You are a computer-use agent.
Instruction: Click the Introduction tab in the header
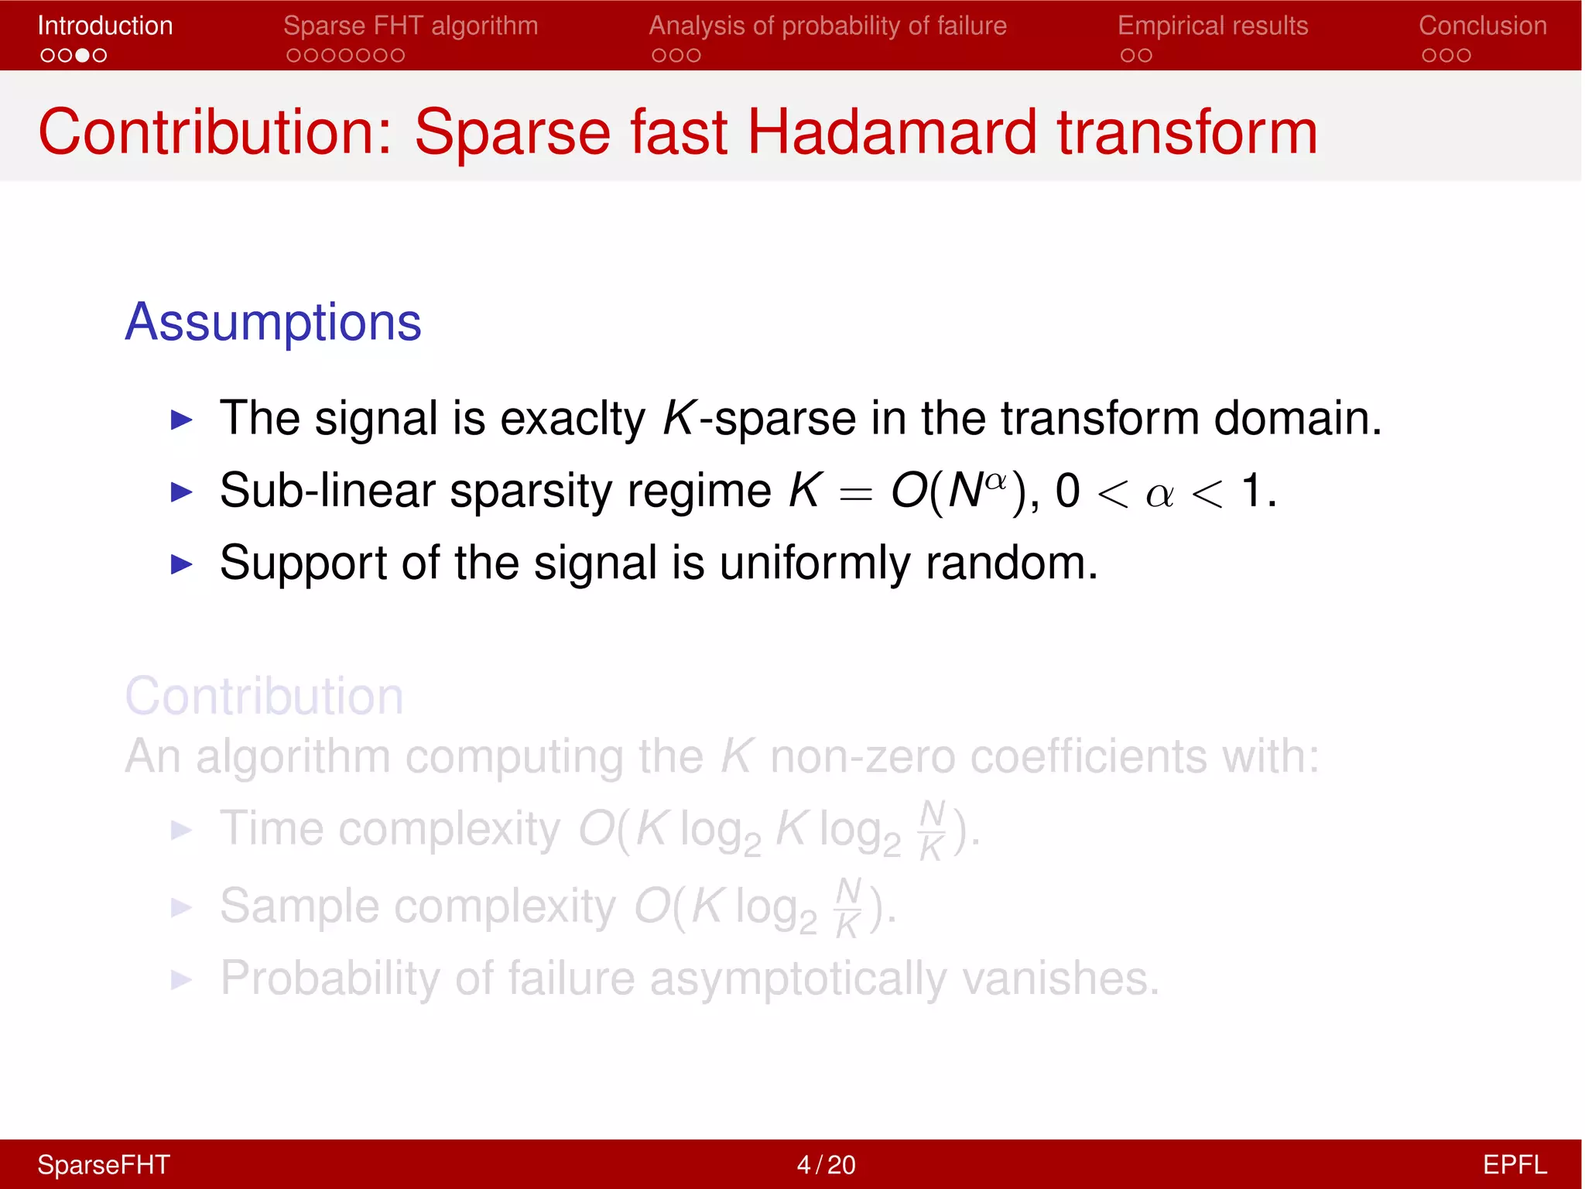coord(105,26)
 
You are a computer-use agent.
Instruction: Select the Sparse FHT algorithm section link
coord(410,26)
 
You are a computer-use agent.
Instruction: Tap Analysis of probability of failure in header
coord(827,26)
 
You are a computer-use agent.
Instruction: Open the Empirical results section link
coord(1213,26)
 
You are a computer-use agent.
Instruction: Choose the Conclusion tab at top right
coord(1482,26)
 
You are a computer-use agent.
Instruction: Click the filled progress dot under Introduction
coord(82,56)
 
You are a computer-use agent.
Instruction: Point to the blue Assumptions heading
coord(273,322)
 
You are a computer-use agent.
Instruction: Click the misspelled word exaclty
coord(573,419)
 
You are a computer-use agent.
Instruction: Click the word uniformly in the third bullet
coord(815,563)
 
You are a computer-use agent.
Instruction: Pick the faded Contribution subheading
coord(264,696)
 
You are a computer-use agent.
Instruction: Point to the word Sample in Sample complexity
coord(299,906)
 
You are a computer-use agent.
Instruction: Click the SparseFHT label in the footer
coord(104,1164)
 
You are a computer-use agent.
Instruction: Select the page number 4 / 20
coord(826,1164)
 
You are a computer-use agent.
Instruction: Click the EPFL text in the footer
coord(1514,1164)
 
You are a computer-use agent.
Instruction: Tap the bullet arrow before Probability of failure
coord(181,980)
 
